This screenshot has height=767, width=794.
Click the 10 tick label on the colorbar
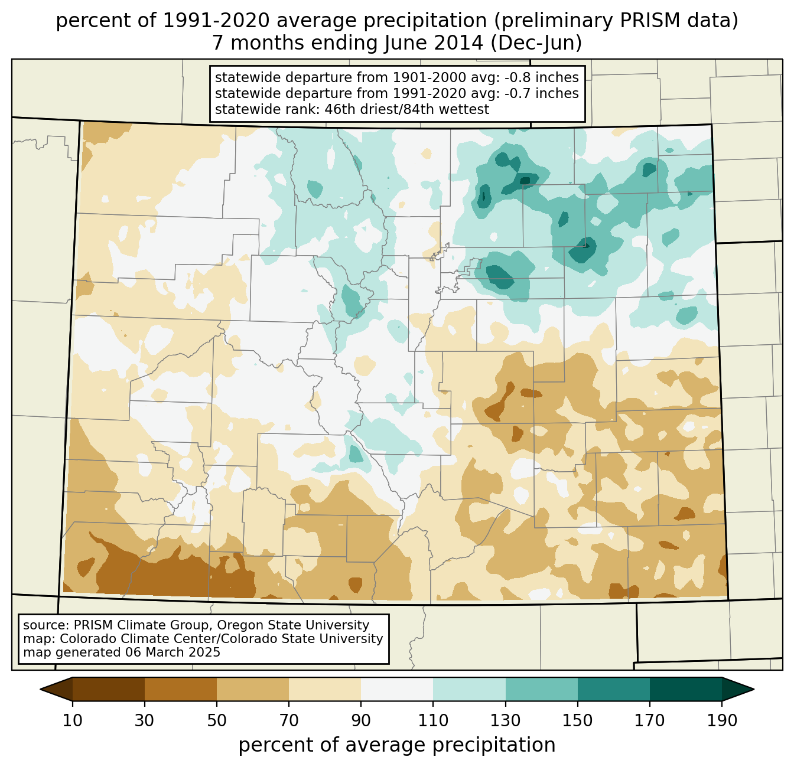click(73, 721)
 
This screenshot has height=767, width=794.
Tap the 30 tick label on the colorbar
click(145, 721)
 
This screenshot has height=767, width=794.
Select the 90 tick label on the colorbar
click(361, 721)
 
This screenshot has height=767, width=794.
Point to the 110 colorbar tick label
click(433, 721)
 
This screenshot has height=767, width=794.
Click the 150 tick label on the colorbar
click(578, 721)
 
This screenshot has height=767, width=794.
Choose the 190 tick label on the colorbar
click(722, 721)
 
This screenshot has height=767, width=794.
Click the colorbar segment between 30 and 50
click(181, 689)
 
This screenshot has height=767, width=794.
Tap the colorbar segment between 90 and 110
click(397, 689)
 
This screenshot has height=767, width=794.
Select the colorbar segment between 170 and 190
click(686, 689)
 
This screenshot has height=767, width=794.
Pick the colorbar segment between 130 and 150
click(542, 689)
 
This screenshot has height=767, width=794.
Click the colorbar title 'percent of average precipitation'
click(397, 745)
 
